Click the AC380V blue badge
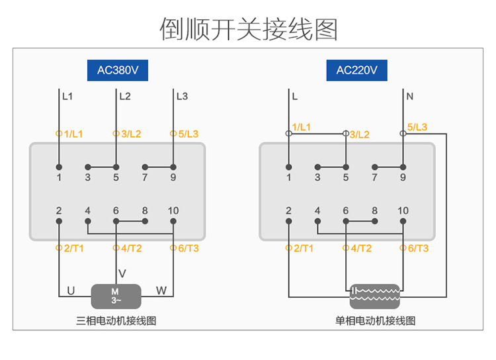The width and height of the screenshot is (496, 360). tap(116, 70)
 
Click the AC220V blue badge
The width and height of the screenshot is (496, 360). tap(356, 70)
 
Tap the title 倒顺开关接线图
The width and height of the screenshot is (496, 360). tap(249, 29)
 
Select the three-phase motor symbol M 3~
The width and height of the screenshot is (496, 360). tap(116, 296)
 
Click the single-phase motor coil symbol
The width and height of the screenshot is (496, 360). tap(375, 296)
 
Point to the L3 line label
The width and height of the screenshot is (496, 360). tap(182, 96)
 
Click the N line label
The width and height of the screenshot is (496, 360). tap(410, 96)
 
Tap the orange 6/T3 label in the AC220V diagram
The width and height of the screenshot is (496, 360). tap(417, 248)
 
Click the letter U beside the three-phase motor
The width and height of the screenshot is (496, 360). tap(71, 291)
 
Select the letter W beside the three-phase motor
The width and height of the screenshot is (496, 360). tap(161, 291)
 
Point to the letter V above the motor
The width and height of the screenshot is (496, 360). tap(122, 273)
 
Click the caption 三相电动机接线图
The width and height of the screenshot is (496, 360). tap(116, 321)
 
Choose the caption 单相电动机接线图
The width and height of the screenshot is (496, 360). tap(375, 321)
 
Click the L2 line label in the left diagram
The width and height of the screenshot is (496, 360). tap(125, 96)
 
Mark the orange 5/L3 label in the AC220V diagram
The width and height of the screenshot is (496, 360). tap(417, 127)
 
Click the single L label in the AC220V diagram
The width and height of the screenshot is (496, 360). tap(295, 96)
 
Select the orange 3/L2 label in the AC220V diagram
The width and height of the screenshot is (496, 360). tap(359, 134)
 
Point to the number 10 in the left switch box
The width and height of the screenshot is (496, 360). tap(173, 211)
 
